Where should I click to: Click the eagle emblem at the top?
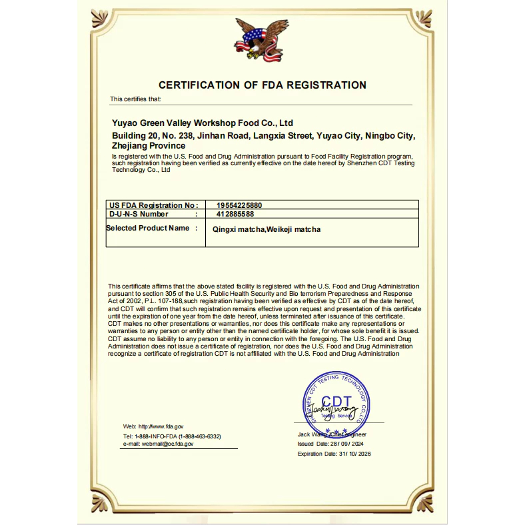click(262, 41)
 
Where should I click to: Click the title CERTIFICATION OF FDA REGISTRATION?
click(262, 85)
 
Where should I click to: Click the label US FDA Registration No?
click(153, 205)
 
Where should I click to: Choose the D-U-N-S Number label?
click(139, 214)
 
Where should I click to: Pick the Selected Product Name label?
click(148, 228)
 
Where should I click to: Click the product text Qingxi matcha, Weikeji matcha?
click(266, 229)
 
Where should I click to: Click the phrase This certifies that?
click(135, 99)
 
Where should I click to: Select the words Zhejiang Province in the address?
click(148, 145)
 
